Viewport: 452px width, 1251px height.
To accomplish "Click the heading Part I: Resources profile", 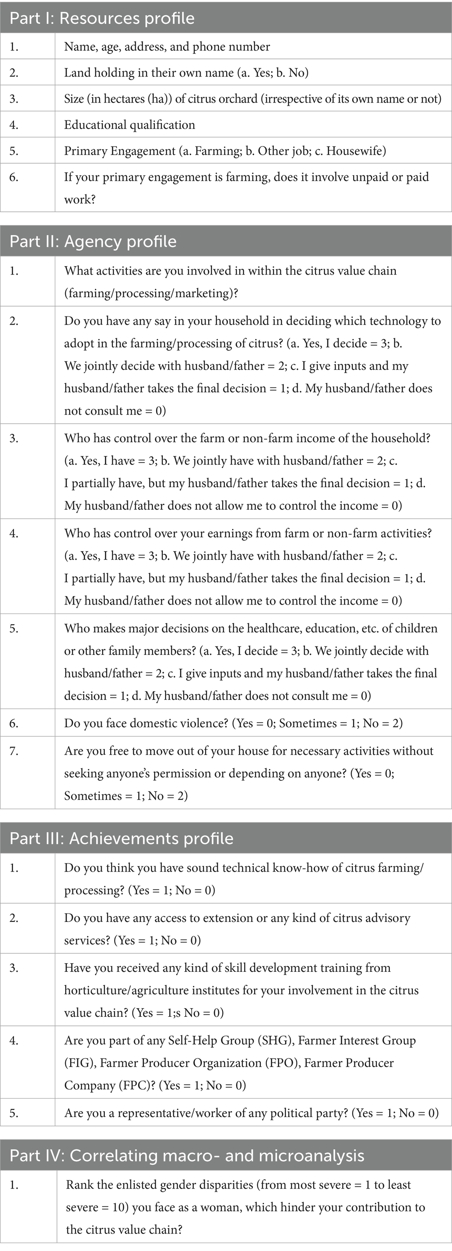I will point(102,18).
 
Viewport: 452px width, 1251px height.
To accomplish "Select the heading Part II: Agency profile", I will point(93,241).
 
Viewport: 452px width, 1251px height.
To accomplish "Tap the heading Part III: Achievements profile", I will point(121,839).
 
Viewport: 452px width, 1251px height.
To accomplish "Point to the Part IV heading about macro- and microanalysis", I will point(187,1155).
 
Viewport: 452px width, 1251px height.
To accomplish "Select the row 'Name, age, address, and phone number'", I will point(167,47).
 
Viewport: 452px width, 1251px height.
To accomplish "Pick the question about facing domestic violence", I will point(233,723).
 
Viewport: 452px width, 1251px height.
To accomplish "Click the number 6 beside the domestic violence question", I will point(13,723).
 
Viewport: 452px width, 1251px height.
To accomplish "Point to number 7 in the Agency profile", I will point(13,751).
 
